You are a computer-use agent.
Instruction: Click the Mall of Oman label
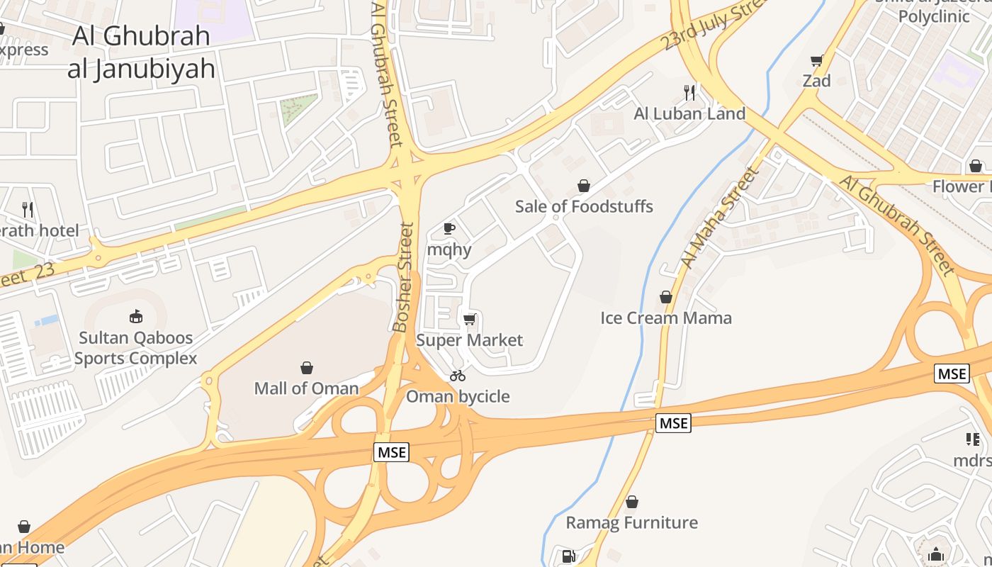[x=307, y=388]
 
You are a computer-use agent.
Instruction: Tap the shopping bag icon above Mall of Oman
[x=307, y=368]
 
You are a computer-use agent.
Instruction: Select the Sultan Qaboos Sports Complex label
[x=135, y=348]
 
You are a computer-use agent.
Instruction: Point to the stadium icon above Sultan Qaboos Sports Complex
[x=135, y=316]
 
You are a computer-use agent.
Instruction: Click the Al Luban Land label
[x=689, y=113]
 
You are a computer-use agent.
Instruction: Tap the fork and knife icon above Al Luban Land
[x=689, y=91]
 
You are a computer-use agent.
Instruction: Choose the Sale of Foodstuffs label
[x=584, y=206]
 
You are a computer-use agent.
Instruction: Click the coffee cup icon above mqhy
[x=449, y=228]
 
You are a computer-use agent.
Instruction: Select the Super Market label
[x=469, y=340]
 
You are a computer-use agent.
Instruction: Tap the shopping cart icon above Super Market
[x=469, y=320]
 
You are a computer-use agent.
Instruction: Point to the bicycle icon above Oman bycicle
[x=458, y=376]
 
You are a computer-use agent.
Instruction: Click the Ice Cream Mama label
[x=666, y=318]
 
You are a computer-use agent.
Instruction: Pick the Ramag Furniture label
[x=631, y=523]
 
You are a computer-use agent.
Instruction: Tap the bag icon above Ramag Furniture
[x=631, y=503]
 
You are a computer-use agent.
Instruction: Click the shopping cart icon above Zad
[x=816, y=61]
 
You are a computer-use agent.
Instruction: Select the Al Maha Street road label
[x=719, y=218]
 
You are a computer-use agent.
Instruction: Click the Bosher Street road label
[x=402, y=278]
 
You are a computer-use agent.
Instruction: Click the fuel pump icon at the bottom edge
[x=568, y=556]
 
